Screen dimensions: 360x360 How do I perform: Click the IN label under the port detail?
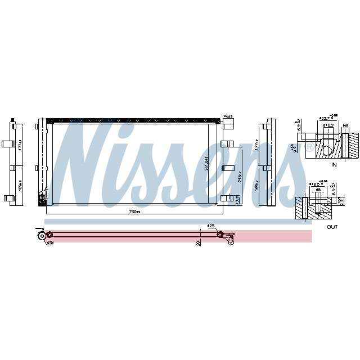334,165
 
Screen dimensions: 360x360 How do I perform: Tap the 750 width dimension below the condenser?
134,212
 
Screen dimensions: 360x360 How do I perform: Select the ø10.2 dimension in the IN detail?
327,125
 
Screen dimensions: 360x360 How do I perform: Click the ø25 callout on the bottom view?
211,227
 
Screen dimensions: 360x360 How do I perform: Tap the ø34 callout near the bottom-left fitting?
49,243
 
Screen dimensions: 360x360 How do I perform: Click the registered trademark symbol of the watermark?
309,147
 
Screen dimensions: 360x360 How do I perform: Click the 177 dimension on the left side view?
20,146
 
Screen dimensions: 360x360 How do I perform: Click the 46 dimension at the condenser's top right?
228,116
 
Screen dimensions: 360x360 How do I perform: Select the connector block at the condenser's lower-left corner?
42,197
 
